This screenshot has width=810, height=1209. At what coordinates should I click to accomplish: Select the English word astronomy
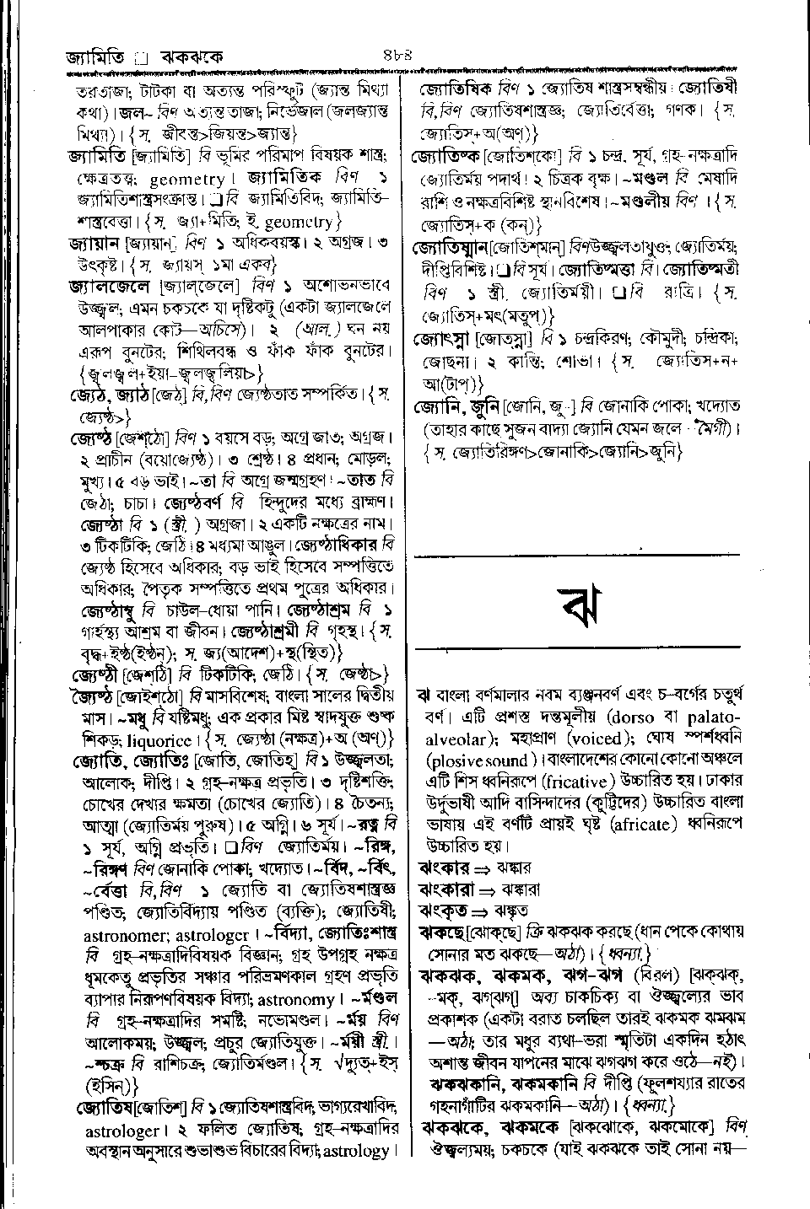pyautogui.click(x=295, y=999)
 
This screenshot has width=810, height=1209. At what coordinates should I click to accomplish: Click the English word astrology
pyautogui.click(x=357, y=1150)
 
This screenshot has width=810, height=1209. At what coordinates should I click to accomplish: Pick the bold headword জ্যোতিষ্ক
pyautogui.click(x=445, y=157)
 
